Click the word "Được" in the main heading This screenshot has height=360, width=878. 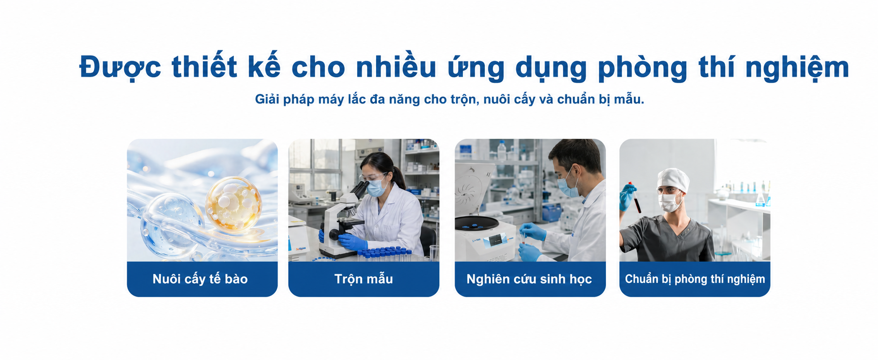(x=120, y=68)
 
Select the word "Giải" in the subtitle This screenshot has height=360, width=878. (x=267, y=99)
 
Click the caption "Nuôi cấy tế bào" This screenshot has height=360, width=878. (x=200, y=279)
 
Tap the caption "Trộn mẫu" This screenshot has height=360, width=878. (x=363, y=279)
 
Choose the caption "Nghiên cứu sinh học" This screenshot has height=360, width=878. (x=529, y=279)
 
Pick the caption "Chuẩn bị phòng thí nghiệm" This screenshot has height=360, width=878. (x=695, y=279)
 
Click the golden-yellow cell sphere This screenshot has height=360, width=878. (x=234, y=204)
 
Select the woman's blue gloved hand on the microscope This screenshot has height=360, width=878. (x=352, y=242)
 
